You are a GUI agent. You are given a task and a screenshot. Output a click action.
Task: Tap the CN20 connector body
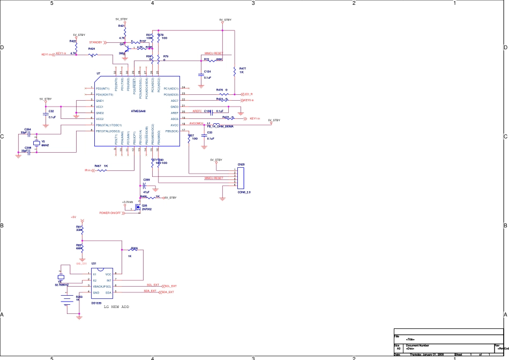(x=241, y=177)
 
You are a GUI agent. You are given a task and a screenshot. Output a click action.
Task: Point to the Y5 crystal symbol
(x=36, y=142)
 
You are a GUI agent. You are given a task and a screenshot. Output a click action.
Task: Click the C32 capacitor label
(x=51, y=111)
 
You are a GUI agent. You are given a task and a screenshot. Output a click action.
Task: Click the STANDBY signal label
(x=95, y=42)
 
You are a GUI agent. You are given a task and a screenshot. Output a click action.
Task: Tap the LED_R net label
(x=249, y=94)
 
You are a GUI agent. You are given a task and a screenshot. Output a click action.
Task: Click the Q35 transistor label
(x=144, y=205)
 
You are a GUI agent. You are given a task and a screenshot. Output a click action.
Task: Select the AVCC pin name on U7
(x=175, y=125)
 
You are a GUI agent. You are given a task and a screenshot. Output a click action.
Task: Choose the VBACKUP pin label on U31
(x=101, y=287)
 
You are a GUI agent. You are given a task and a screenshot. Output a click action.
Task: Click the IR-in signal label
(x=88, y=170)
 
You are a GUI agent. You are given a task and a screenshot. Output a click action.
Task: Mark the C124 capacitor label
(x=207, y=71)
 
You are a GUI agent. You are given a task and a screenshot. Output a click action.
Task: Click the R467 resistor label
(x=98, y=166)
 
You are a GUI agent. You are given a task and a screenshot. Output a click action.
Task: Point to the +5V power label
(x=74, y=217)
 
